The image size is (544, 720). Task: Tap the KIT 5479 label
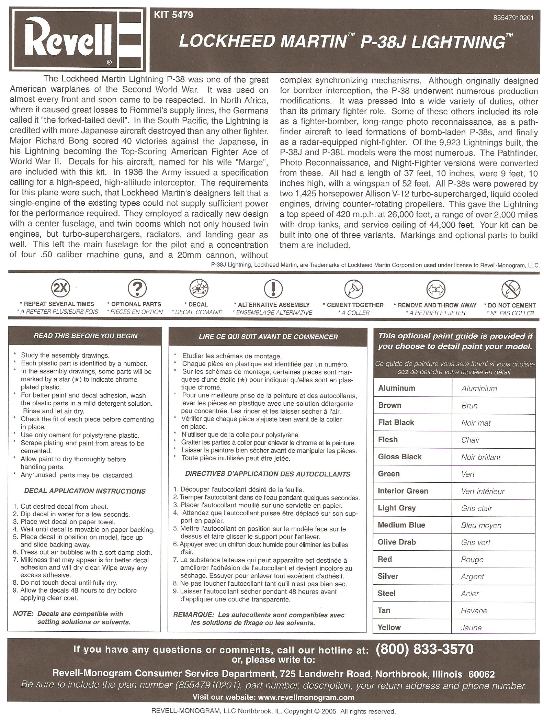click(173, 15)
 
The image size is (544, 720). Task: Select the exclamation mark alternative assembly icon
click(273, 288)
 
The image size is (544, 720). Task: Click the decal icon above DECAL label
click(199, 288)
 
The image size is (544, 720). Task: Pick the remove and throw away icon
click(435, 289)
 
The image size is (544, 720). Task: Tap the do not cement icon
click(511, 289)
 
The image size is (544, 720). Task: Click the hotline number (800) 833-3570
click(424, 649)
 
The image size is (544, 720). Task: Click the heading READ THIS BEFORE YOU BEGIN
click(86, 336)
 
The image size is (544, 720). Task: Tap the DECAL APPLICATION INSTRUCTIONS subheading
click(85, 491)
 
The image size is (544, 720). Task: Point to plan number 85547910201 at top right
click(513, 18)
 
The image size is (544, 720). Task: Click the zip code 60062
click(481, 674)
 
